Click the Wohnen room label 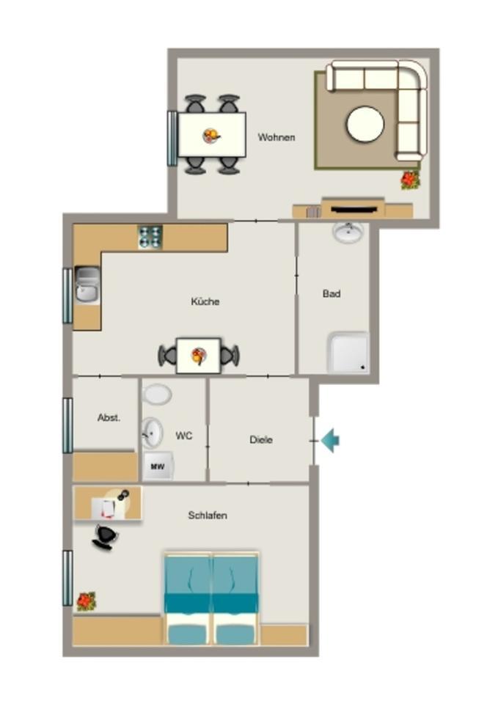point(277,137)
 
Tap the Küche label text point(205,301)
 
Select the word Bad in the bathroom point(332,293)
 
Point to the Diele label point(261,439)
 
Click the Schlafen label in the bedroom point(208,515)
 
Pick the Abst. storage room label point(109,417)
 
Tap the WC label point(183,436)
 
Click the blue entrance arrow point(331,440)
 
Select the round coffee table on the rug point(365,125)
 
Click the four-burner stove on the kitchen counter point(150,237)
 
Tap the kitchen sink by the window point(87,285)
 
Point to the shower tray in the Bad point(348,353)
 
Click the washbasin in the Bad point(348,232)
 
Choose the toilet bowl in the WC point(157,395)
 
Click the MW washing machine point(158,466)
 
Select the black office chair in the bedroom point(106,537)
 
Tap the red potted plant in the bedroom point(87,601)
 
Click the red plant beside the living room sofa point(410,180)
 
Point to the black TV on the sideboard point(354,209)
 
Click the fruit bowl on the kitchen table point(199,356)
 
